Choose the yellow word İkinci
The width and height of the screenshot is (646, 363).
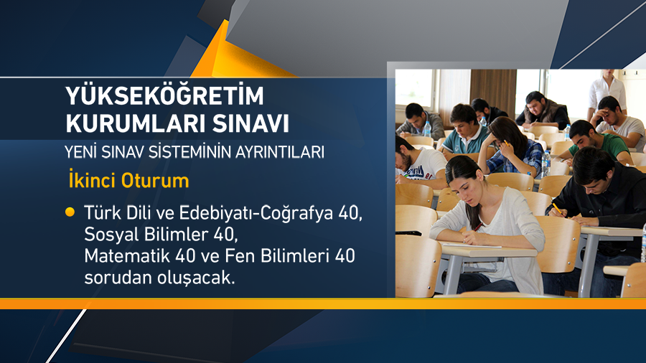95,180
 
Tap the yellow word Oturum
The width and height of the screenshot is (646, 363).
160,180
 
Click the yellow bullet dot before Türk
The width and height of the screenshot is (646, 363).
70,212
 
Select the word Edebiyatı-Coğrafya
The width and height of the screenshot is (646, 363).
254,213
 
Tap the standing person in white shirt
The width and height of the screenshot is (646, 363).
607,90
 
